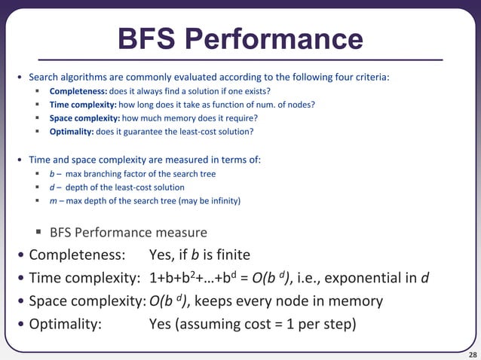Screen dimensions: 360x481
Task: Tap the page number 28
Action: [472, 354]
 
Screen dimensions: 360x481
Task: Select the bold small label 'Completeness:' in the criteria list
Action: [78, 91]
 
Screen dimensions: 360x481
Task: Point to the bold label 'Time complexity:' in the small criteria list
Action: [83, 105]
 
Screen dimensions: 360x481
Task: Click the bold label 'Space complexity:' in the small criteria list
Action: [84, 118]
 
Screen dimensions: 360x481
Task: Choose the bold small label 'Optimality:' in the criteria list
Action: [72, 132]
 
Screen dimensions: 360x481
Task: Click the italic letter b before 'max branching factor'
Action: [51, 174]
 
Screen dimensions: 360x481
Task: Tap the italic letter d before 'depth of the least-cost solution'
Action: [51, 188]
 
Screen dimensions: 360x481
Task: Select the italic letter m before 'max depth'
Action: [52, 201]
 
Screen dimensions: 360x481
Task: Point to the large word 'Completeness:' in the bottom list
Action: [73, 255]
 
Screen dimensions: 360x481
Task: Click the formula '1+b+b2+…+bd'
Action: [193, 277]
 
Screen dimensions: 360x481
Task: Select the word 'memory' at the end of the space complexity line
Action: [356, 301]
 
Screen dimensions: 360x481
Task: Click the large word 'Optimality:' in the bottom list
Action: [65, 325]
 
